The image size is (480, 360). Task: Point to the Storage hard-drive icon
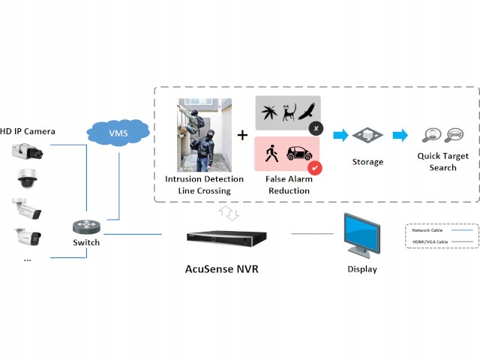[367, 136]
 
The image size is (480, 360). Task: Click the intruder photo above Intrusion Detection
[204, 135]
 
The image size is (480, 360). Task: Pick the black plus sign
[242, 136]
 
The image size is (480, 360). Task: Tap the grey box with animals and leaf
[287, 113]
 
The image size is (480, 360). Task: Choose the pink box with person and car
[287, 154]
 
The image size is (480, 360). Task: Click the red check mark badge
[316, 168]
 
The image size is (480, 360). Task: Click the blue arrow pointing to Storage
[340, 136]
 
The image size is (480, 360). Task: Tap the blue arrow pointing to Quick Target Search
[400, 136]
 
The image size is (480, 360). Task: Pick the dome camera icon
[25, 178]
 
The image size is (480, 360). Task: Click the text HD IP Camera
[28, 131]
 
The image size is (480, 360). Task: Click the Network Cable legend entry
[442, 230]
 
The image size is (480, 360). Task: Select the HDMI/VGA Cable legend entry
[442, 241]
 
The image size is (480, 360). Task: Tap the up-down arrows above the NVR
[229, 214]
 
